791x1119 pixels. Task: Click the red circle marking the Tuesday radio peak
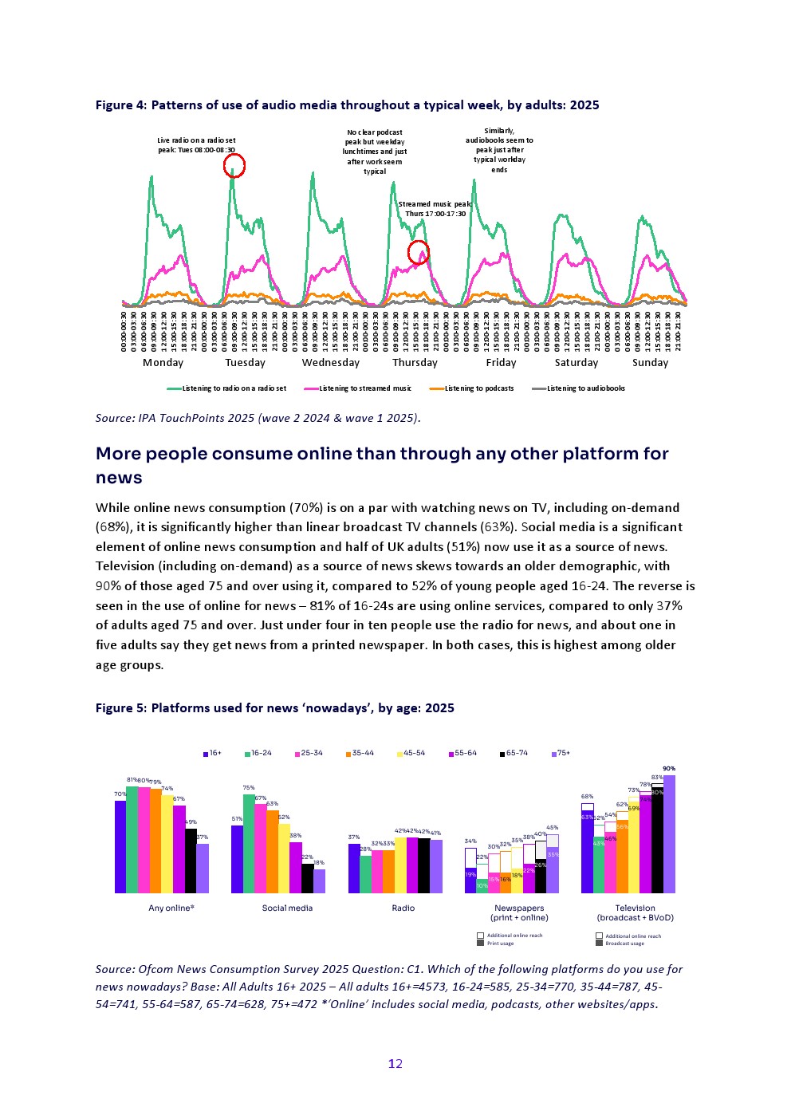[x=234, y=165]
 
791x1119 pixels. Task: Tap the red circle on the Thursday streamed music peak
[x=419, y=253]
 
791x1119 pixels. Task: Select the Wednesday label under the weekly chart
[x=330, y=363]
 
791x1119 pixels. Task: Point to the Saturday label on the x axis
[x=576, y=363]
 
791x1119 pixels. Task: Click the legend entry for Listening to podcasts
[x=472, y=388]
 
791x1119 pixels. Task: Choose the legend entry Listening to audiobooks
[x=579, y=388]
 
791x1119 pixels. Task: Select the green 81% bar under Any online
[x=132, y=839]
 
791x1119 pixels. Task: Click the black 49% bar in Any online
[x=191, y=861]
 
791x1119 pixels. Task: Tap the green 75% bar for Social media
[x=249, y=843]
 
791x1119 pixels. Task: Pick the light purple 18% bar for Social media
[x=319, y=881]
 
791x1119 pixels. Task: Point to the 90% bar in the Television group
[x=669, y=833]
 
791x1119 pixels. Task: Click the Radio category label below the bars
[x=403, y=908]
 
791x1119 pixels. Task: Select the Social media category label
[x=287, y=908]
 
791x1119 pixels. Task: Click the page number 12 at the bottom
[x=395, y=1064]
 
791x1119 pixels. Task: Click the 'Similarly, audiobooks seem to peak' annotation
[x=499, y=151]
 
